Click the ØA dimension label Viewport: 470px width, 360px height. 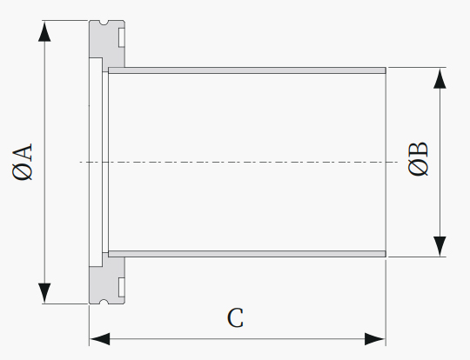[23, 162]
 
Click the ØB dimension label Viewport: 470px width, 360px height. [418, 158]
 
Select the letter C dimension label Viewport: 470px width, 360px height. [235, 318]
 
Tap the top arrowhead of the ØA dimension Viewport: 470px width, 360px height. [44, 31]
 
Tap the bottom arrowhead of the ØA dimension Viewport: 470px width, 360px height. [44, 293]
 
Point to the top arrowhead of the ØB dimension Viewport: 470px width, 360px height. [440, 78]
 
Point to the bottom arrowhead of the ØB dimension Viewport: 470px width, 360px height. [440, 246]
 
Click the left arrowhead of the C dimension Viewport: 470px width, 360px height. [100, 339]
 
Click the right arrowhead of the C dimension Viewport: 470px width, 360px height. [374, 339]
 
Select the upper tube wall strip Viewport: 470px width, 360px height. [247, 70]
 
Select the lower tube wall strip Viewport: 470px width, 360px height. [247, 254]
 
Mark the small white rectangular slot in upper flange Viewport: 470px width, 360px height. [122, 37]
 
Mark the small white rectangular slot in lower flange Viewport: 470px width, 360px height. [122, 287]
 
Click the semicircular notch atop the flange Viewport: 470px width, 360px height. [104, 22]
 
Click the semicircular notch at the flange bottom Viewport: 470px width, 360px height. [104, 302]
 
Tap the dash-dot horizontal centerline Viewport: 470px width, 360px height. [238, 162]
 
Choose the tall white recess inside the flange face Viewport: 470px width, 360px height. [96, 162]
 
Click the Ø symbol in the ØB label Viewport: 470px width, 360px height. [418, 168]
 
